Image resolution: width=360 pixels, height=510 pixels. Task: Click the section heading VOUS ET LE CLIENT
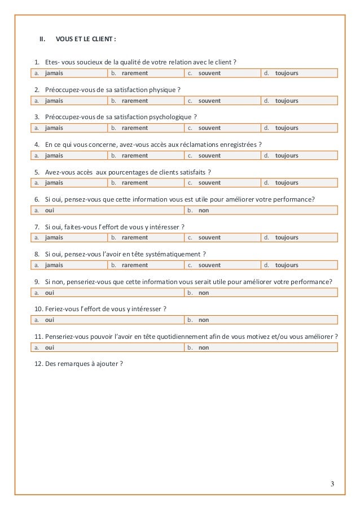[x=86, y=40]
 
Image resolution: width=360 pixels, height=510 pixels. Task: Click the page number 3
[x=333, y=483]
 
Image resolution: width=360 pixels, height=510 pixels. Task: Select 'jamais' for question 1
[x=54, y=73]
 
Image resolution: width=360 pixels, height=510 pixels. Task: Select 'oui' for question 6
[x=50, y=210]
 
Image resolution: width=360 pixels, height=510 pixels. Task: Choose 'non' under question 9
[x=204, y=293]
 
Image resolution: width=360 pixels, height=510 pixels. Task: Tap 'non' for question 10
[x=204, y=320]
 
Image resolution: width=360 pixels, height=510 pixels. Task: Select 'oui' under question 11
[x=50, y=347]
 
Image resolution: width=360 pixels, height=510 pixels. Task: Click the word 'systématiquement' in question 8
[x=175, y=254]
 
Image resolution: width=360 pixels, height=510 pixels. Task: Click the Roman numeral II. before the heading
[x=41, y=40]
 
